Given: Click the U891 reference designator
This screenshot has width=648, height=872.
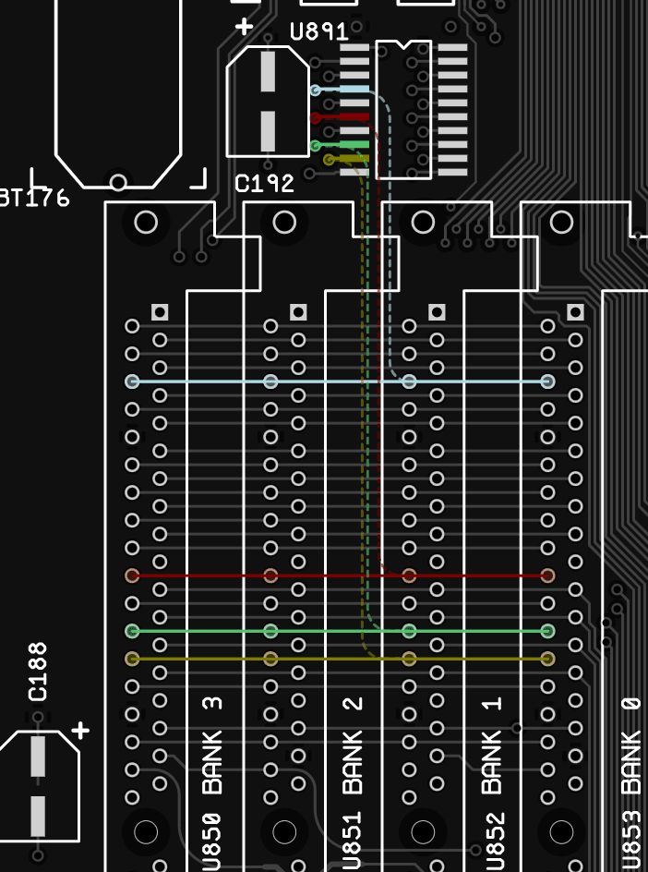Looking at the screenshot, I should tap(318, 32).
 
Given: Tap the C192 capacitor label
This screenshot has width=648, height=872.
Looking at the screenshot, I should tap(264, 184).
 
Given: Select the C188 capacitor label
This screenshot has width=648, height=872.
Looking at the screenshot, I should tap(38, 672).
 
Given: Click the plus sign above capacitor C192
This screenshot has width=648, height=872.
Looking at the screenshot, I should tap(245, 27).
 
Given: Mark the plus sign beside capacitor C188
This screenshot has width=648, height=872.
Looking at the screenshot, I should tap(81, 731).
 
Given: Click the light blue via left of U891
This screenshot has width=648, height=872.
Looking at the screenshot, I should tap(316, 91).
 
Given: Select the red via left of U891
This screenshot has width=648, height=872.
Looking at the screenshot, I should tap(316, 117).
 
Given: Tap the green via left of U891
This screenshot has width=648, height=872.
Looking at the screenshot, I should tap(316, 146).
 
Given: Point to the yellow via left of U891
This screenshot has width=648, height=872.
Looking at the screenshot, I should tap(329, 160).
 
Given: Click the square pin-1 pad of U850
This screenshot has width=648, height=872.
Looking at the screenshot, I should tap(160, 312).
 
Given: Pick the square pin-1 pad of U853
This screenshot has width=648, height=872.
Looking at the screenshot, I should tap(575, 312).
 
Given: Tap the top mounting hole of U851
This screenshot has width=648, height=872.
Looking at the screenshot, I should tap(284, 222).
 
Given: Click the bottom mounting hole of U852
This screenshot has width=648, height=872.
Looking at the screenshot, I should tap(423, 832).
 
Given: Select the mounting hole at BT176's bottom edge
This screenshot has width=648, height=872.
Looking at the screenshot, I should tap(118, 182).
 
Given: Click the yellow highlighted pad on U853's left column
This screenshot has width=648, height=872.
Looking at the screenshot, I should tap(547, 659).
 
